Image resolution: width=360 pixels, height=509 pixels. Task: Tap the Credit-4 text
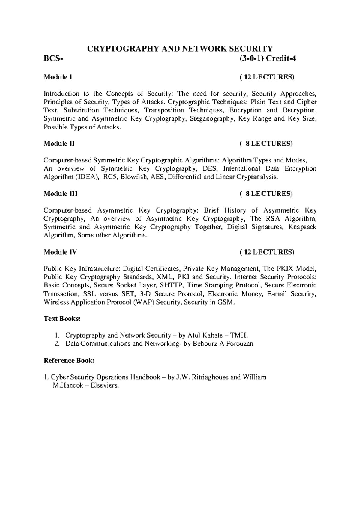(x=281, y=58)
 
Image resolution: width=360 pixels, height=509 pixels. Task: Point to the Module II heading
(x=59, y=144)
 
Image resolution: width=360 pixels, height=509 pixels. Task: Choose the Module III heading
(x=61, y=194)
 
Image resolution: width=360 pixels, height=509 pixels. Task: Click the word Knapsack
(x=302, y=227)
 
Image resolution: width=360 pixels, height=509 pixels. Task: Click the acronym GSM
(x=226, y=302)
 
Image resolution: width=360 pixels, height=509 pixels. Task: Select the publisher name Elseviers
(x=104, y=386)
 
